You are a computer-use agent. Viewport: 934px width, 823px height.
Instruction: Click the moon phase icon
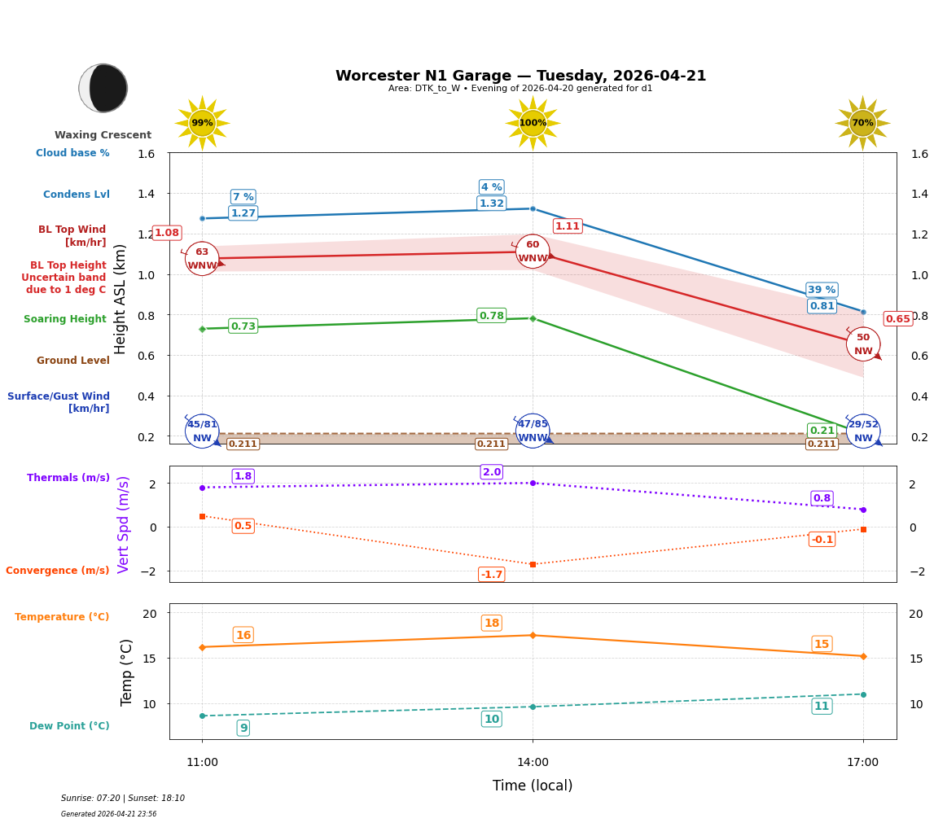(x=103, y=88)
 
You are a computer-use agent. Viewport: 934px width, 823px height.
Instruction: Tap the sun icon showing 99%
(x=202, y=123)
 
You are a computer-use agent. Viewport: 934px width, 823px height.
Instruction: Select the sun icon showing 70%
(x=862, y=123)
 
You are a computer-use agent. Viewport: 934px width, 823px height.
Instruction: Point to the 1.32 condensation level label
(x=491, y=204)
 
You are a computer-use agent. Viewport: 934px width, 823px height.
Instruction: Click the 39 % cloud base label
(x=822, y=290)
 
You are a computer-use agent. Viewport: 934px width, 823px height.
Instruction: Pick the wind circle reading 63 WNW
(x=202, y=259)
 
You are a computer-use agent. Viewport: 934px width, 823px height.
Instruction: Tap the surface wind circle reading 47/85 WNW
(x=533, y=431)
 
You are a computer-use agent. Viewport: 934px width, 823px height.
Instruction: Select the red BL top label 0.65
(x=897, y=319)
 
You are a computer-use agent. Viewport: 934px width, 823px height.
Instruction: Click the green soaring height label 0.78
(x=491, y=316)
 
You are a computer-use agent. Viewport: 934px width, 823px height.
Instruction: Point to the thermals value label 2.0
(x=491, y=472)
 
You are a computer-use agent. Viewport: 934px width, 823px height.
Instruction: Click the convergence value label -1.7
(x=491, y=575)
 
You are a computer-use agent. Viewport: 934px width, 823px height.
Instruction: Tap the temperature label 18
(x=491, y=624)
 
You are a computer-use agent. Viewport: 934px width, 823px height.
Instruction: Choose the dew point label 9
(x=243, y=728)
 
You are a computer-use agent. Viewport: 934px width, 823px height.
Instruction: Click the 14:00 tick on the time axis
(x=533, y=763)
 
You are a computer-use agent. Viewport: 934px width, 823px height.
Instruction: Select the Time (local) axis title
(x=533, y=786)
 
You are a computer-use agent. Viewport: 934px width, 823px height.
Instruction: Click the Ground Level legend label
(x=72, y=361)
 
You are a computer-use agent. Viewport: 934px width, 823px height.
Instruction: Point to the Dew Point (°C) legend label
(x=69, y=726)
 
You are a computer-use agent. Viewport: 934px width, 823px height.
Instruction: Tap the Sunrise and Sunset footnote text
(x=123, y=799)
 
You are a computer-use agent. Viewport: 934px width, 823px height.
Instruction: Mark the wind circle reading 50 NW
(x=863, y=344)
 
